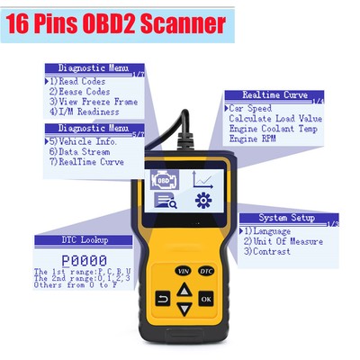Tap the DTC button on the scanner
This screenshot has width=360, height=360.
[206, 271]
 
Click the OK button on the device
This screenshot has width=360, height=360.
[207, 297]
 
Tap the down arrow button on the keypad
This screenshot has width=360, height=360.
[184, 310]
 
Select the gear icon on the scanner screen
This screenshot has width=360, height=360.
[203, 200]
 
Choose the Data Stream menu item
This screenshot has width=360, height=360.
[81, 152]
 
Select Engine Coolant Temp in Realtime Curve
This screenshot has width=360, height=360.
[270, 128]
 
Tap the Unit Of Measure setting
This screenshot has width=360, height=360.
[284, 240]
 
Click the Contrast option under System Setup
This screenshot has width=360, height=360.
[269, 251]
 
